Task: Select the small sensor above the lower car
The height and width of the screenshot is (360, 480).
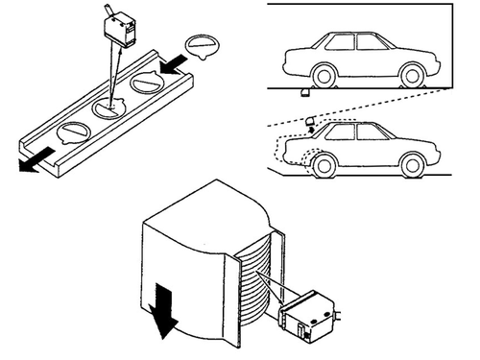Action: [310, 120]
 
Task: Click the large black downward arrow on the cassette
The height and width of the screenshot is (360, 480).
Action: [164, 316]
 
